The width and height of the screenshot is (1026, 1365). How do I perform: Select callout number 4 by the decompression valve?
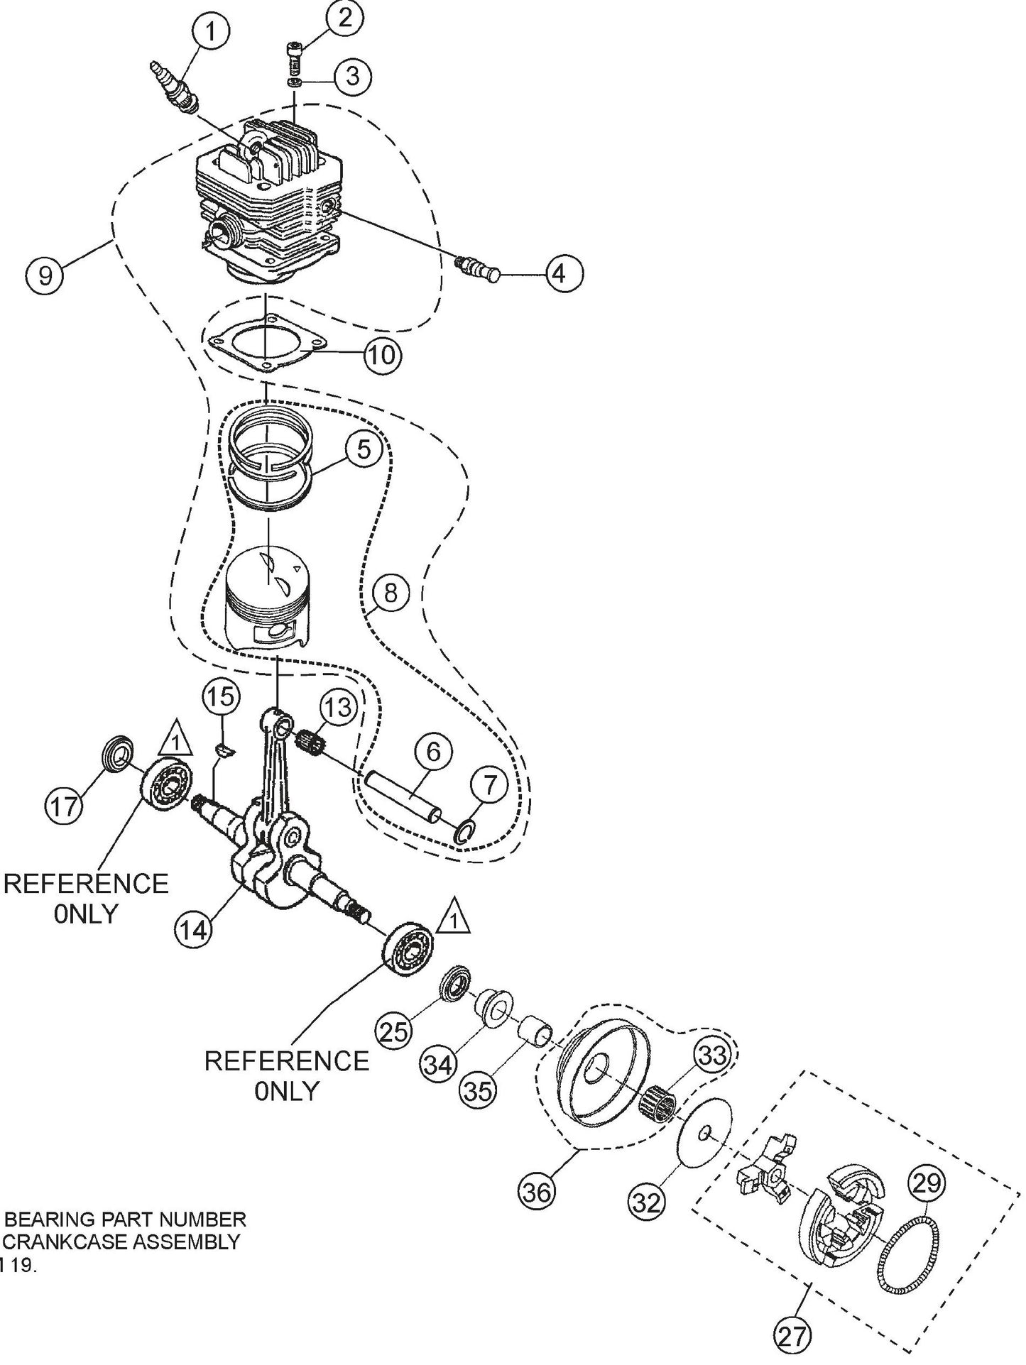(561, 273)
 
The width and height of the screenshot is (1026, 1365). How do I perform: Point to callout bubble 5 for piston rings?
(364, 450)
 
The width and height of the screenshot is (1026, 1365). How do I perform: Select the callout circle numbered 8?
(390, 593)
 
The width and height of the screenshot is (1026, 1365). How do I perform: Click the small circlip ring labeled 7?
(463, 831)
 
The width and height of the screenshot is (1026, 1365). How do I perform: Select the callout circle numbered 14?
(193, 928)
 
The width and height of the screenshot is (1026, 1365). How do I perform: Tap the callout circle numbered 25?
(395, 1030)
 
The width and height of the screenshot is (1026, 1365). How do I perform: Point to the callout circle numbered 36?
(537, 1192)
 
